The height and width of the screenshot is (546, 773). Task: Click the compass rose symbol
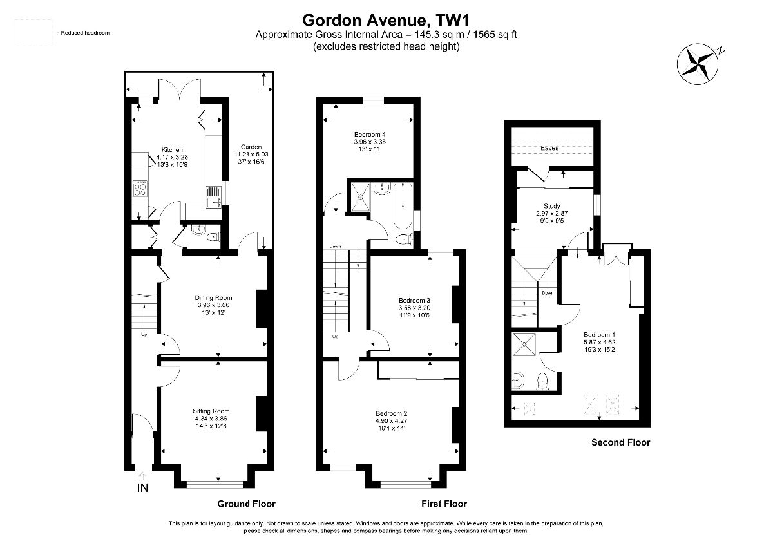tap(698, 64)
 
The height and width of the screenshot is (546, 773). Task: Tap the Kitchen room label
tap(172, 149)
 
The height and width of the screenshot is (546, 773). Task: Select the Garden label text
tap(251, 147)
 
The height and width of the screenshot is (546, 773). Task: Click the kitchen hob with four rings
tap(140, 188)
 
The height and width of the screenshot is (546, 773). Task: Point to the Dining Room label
tap(213, 297)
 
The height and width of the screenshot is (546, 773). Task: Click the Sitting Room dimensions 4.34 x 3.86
tap(211, 419)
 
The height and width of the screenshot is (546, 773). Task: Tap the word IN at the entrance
tap(142, 488)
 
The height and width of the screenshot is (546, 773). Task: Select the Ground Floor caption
tap(246, 504)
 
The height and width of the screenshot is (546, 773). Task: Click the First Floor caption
tap(444, 504)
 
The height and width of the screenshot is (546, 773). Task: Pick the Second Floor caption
tap(621, 442)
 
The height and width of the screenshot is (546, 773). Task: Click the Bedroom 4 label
tap(370, 134)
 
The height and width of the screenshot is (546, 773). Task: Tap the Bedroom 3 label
tap(414, 301)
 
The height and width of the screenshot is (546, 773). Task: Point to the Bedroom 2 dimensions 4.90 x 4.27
tap(392, 421)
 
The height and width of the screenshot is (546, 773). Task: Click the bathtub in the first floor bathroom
tap(403, 206)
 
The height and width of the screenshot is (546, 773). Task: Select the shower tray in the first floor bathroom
tap(361, 197)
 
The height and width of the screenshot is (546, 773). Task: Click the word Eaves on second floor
tap(549, 148)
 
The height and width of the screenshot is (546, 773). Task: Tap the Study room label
tap(552, 206)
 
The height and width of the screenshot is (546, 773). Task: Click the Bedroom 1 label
tap(600, 335)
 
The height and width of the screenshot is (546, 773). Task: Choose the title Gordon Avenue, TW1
tap(386, 21)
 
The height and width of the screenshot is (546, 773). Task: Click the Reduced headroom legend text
tap(83, 33)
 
